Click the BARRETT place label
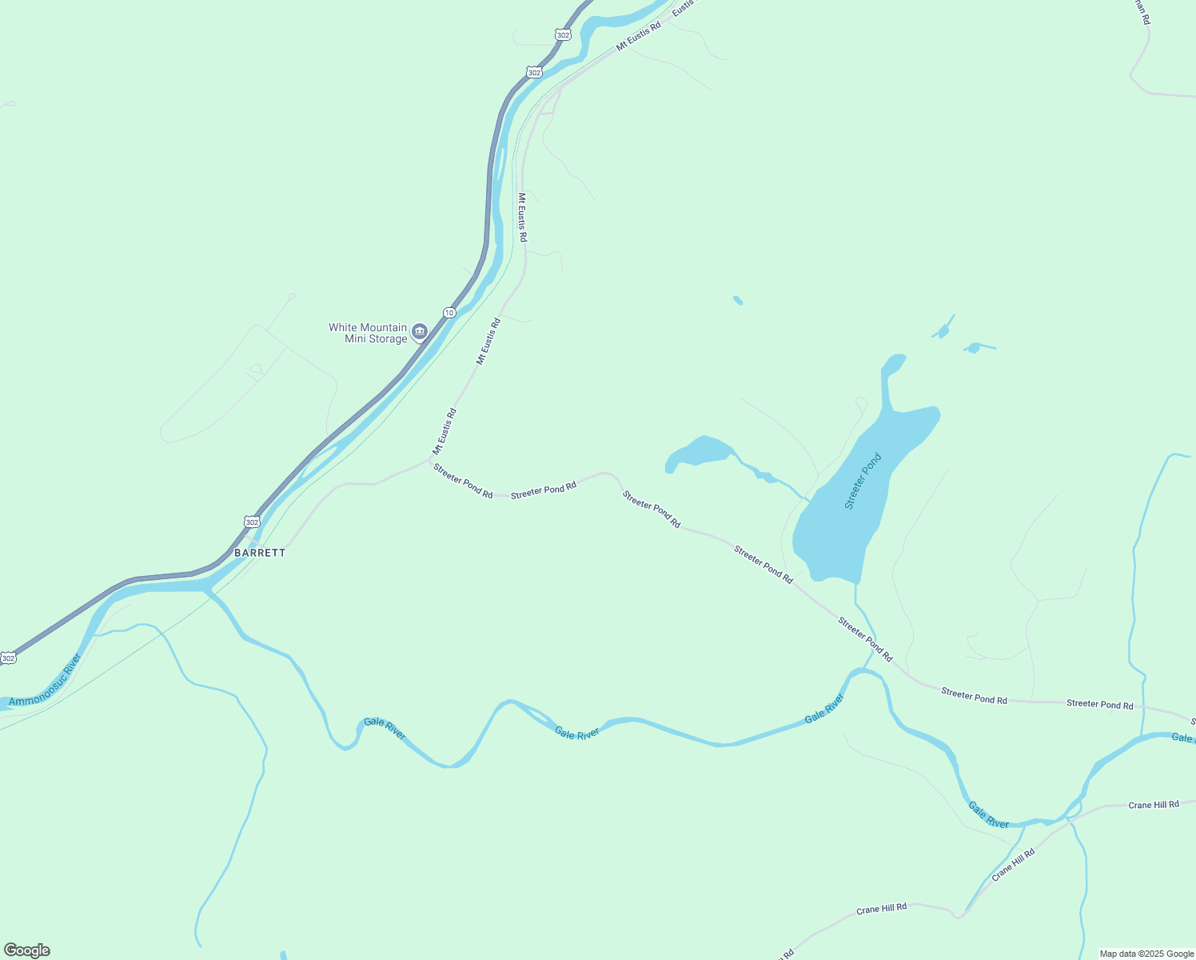click(x=260, y=553)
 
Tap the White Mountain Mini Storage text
click(x=368, y=333)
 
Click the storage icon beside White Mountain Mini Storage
click(x=420, y=332)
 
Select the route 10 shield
click(x=450, y=313)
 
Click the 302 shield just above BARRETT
click(x=252, y=522)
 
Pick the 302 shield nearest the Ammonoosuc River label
click(x=8, y=658)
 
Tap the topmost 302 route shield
click(x=563, y=34)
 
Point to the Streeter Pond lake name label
click(x=863, y=481)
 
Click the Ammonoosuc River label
click(x=46, y=680)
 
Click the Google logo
click(x=26, y=950)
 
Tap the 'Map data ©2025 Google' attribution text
click(x=1146, y=954)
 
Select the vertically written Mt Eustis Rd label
click(x=522, y=217)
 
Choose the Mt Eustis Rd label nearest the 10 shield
click(x=488, y=342)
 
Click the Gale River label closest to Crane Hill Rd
click(x=988, y=815)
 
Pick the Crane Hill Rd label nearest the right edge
click(x=1153, y=805)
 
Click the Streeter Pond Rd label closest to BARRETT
click(x=463, y=481)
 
